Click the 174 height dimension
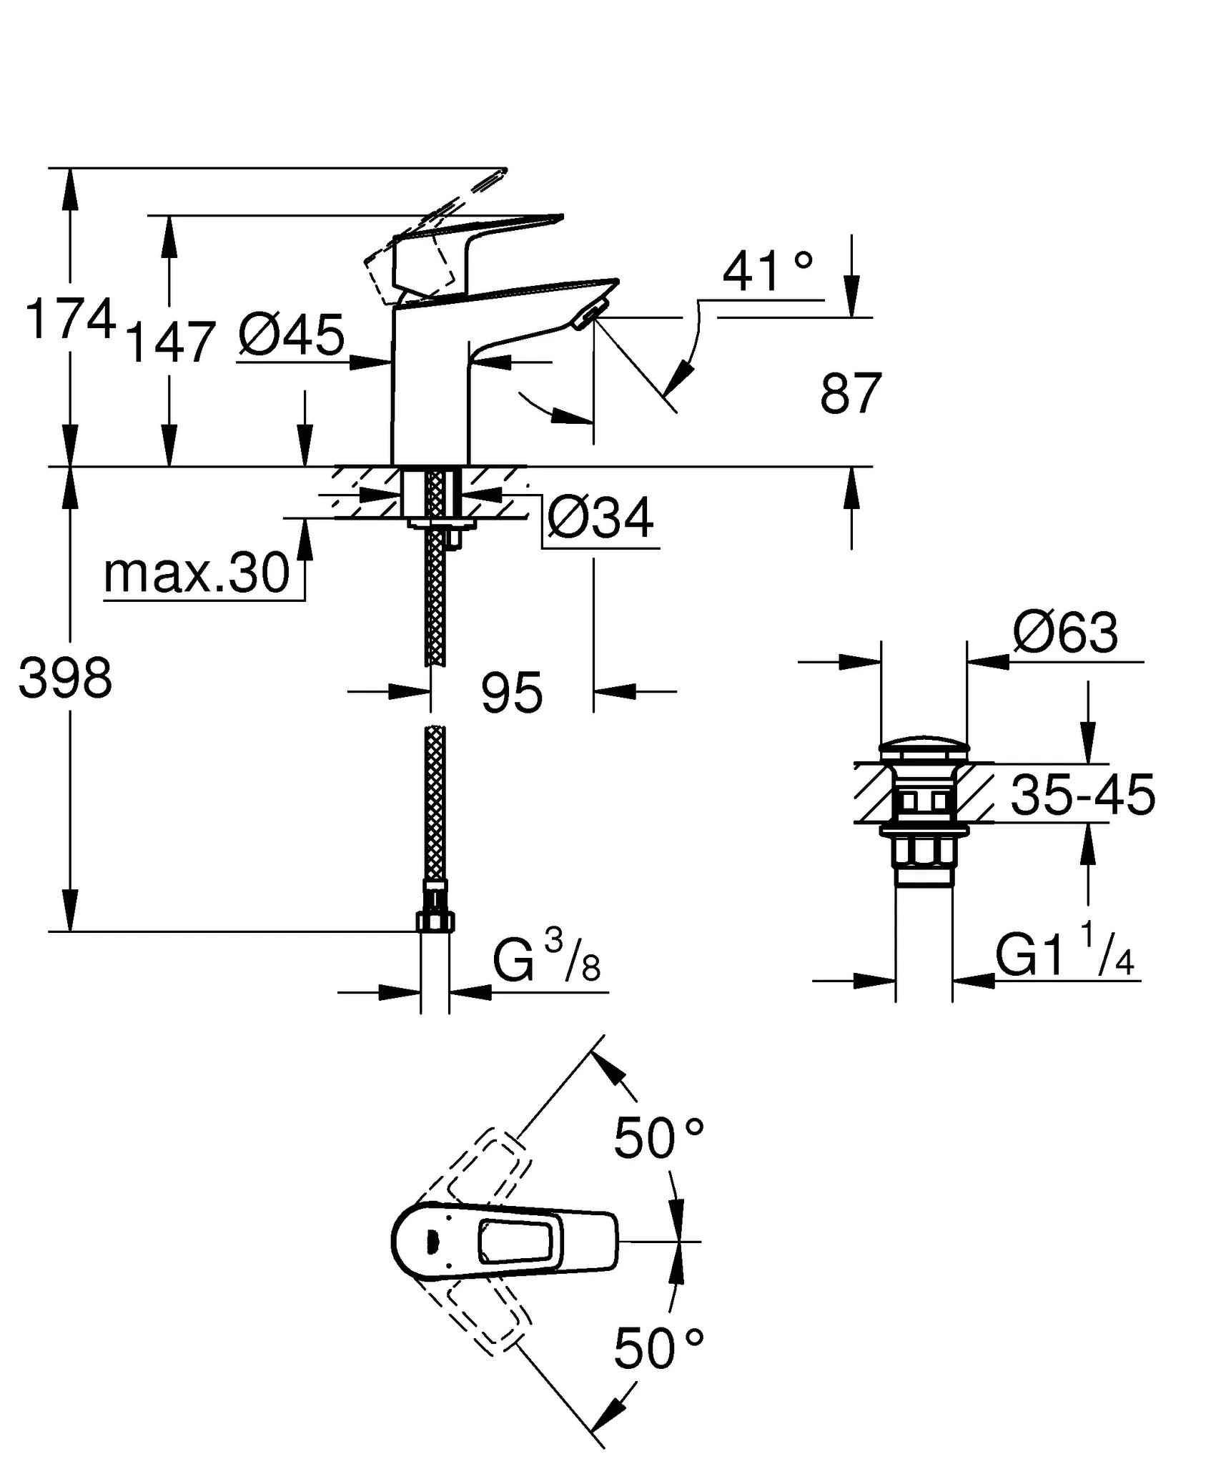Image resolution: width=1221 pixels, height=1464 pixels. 70,320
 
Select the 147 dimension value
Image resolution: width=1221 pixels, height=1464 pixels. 170,342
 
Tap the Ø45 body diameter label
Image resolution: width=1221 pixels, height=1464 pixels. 291,335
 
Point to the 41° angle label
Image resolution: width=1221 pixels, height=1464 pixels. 767,272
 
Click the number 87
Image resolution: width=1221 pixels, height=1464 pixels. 851,393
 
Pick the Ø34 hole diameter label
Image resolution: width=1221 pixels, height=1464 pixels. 600,518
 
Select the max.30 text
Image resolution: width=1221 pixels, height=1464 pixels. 197,573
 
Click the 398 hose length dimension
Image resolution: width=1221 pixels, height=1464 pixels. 66,678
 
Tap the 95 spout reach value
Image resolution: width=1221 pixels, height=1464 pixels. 512,692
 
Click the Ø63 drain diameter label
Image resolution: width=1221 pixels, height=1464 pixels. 1065,633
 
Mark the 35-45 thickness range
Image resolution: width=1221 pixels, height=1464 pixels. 1082,795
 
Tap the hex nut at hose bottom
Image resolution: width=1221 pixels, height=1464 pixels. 435,921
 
